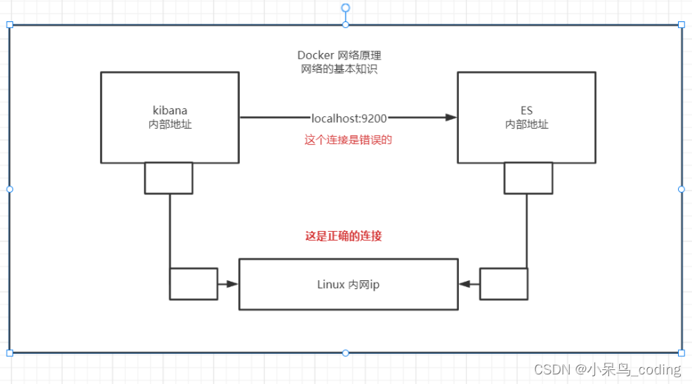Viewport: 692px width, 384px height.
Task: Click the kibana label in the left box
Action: (170, 111)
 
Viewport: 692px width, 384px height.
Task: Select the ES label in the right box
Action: (527, 111)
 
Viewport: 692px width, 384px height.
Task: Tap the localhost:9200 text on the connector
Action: (349, 117)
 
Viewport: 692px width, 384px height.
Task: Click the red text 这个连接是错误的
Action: (349, 140)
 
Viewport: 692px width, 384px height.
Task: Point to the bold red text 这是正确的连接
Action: (343, 236)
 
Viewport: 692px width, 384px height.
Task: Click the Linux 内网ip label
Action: (348, 285)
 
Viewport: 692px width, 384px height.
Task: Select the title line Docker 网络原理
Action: (339, 56)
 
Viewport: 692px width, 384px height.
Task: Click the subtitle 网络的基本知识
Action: (339, 69)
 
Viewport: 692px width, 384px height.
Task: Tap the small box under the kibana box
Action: (168, 178)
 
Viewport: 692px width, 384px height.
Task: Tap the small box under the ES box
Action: (528, 178)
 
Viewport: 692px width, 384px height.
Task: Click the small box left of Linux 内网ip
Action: (193, 284)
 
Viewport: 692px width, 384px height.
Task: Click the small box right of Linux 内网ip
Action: (504, 284)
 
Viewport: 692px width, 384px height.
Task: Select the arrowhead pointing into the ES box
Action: (451, 117)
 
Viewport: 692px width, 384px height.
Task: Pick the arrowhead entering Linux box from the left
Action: (232, 284)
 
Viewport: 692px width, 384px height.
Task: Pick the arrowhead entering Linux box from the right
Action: (465, 284)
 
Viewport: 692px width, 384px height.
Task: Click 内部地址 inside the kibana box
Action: (170, 124)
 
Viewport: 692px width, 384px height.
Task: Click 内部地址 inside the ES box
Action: (527, 124)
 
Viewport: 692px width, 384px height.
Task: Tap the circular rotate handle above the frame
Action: (346, 8)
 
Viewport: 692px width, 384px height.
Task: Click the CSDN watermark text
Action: (607, 369)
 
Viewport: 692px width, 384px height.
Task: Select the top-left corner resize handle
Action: (10, 25)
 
